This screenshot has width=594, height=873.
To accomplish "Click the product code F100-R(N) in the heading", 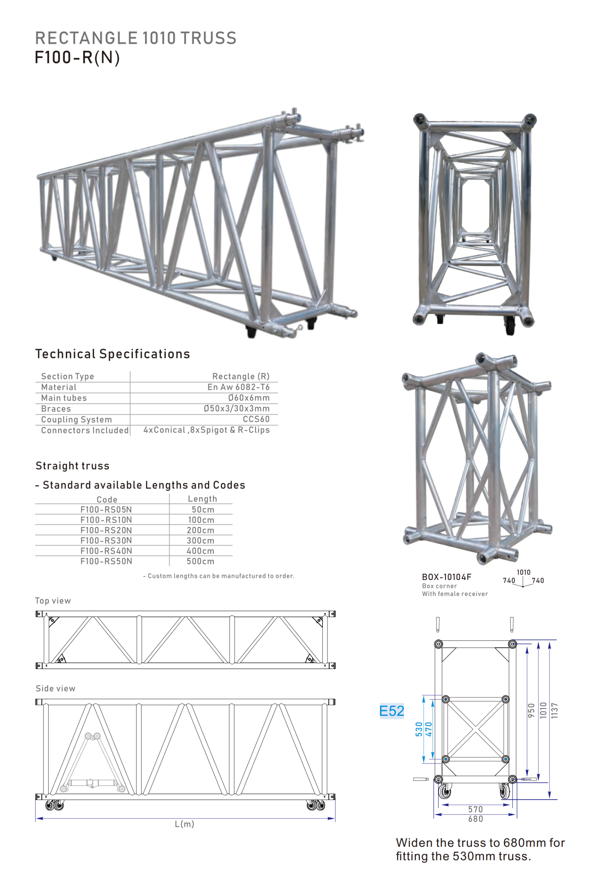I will (x=77, y=58).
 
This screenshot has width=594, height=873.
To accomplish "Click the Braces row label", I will (x=56, y=409).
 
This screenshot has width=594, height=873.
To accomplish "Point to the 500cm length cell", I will (x=200, y=561).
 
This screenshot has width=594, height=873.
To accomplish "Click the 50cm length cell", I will (x=203, y=510).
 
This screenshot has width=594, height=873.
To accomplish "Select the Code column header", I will (x=107, y=500).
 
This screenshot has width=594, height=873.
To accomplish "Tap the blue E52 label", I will (x=391, y=711).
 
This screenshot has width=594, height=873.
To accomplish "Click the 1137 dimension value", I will (x=554, y=711).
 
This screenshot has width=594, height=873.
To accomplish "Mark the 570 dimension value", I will (x=475, y=809).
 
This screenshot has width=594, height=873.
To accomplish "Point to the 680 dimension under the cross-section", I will (x=475, y=819).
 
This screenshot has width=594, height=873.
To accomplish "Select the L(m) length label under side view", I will (x=184, y=824).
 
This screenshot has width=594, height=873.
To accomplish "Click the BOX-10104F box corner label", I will (x=446, y=577).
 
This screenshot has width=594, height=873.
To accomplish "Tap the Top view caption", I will (x=53, y=601).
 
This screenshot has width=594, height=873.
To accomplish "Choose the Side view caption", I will (x=56, y=688).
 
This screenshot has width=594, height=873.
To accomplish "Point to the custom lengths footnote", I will (x=219, y=576).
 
